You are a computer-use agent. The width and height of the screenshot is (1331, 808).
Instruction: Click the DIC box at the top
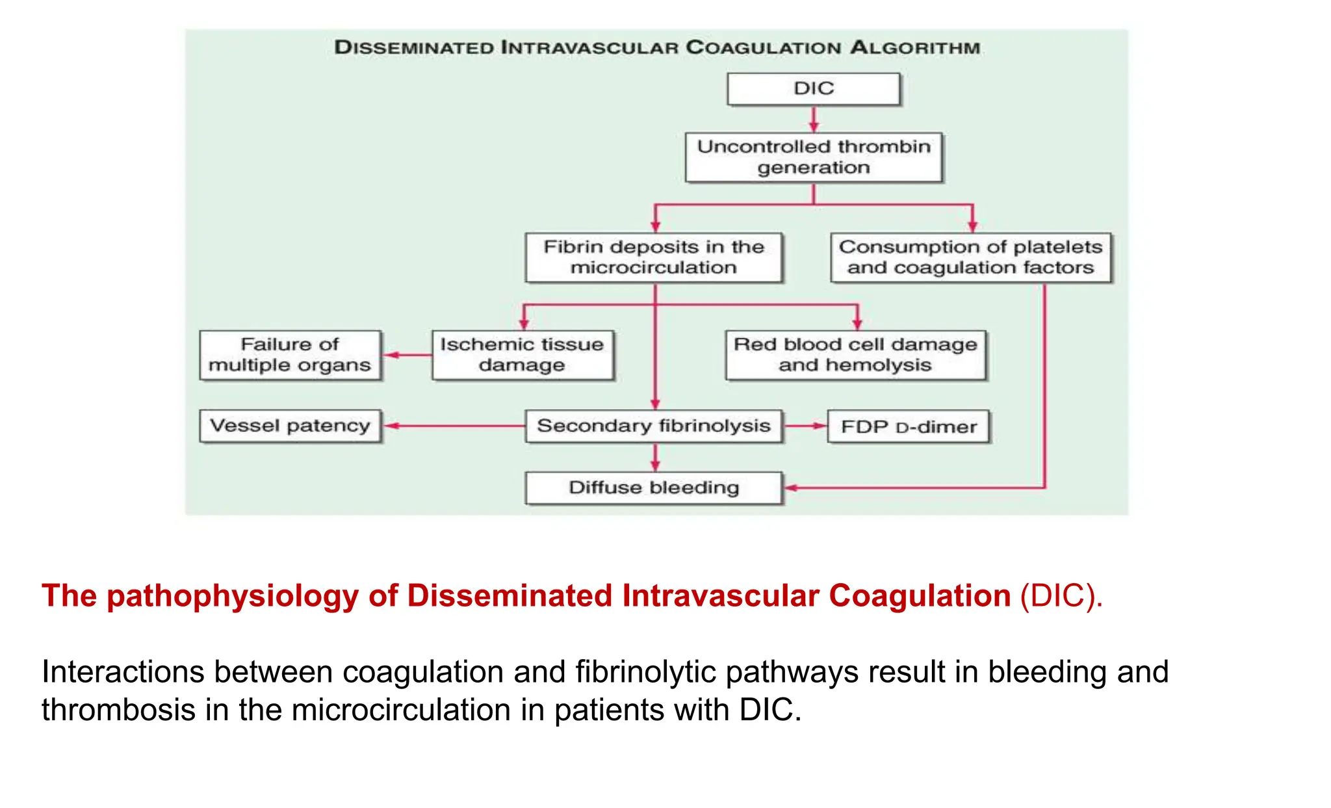pos(814,88)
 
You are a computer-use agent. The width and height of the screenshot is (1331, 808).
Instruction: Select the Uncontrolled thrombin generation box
pos(814,157)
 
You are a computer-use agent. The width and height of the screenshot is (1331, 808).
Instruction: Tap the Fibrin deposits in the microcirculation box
pos(654,257)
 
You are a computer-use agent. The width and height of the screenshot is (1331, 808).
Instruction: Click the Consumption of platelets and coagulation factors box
pos(971,257)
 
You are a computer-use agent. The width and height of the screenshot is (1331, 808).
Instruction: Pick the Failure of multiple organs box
pos(290,355)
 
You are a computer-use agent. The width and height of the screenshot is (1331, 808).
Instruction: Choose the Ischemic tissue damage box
pos(522,355)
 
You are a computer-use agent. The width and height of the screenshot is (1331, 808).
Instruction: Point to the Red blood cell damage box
pos(855,355)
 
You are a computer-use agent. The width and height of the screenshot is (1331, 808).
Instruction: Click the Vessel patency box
pos(290,426)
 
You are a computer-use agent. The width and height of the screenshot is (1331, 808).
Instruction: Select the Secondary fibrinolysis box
pos(654,426)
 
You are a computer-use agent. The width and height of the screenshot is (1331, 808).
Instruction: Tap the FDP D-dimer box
pos(909,427)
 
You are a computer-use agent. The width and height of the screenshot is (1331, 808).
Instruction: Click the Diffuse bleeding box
pos(654,488)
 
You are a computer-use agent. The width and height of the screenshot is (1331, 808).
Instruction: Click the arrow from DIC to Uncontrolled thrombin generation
pos(814,119)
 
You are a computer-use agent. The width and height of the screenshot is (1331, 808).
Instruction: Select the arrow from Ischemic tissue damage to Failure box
pos(407,355)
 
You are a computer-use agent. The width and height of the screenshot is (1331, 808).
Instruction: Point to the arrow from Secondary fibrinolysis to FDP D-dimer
pos(805,426)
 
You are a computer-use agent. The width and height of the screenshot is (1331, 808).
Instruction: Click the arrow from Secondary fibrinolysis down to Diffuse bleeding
pos(655,458)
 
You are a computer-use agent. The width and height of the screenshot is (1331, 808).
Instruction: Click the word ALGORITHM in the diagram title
pos(915,47)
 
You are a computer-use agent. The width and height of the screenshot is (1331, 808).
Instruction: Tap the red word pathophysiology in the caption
pos(232,596)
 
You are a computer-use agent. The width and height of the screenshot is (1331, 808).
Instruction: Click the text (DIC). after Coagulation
pos(1061,596)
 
